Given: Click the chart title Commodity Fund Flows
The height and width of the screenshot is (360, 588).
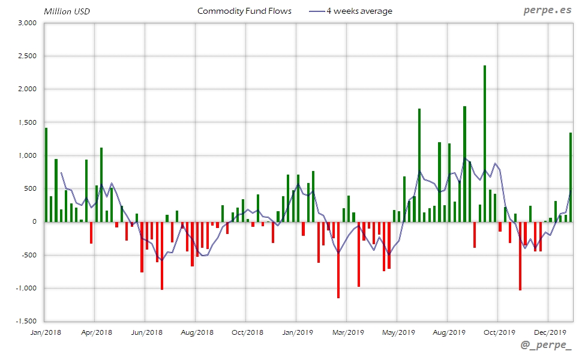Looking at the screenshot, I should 244,11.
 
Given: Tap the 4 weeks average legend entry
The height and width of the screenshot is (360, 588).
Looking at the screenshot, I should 350,11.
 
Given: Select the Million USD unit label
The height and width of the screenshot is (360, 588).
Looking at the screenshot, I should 67,11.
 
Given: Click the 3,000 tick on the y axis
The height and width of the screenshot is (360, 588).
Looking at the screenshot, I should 28,23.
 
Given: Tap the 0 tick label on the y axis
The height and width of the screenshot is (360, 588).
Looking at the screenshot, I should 34,222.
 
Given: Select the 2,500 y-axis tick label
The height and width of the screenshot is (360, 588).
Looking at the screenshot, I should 28,56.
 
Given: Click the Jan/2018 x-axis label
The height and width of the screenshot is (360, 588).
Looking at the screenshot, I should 45,332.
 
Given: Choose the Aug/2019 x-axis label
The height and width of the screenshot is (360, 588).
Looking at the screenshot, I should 448,332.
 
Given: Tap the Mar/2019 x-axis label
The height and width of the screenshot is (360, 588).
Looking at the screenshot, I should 347,332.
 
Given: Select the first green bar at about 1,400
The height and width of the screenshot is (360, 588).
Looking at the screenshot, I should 46,175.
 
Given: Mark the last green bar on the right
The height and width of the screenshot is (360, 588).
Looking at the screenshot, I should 571,177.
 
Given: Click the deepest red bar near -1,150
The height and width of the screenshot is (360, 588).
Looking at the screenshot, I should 338,260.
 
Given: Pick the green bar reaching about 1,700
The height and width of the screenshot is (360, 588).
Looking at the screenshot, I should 419,165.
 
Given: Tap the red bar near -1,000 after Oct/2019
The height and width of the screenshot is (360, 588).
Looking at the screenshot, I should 520,256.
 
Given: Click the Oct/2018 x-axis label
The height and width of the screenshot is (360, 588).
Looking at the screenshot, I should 247,332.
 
